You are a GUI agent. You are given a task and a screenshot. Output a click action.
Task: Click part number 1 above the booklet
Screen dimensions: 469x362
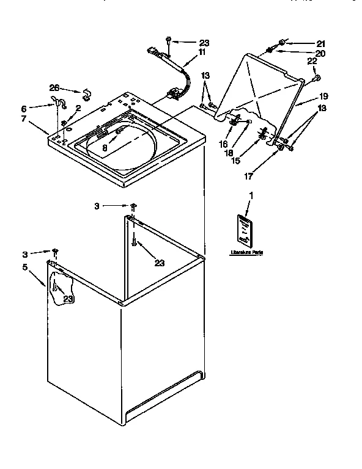(x=249, y=195)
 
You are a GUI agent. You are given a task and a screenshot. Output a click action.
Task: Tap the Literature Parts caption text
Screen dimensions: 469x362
(x=247, y=252)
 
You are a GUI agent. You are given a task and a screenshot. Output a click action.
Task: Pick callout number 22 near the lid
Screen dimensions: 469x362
(x=311, y=62)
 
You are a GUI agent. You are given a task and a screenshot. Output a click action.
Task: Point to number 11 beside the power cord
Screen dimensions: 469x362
(x=202, y=53)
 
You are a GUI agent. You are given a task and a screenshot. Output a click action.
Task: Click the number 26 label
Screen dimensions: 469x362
(x=54, y=87)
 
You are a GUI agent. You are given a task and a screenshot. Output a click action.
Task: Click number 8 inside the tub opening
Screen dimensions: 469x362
(x=105, y=148)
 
